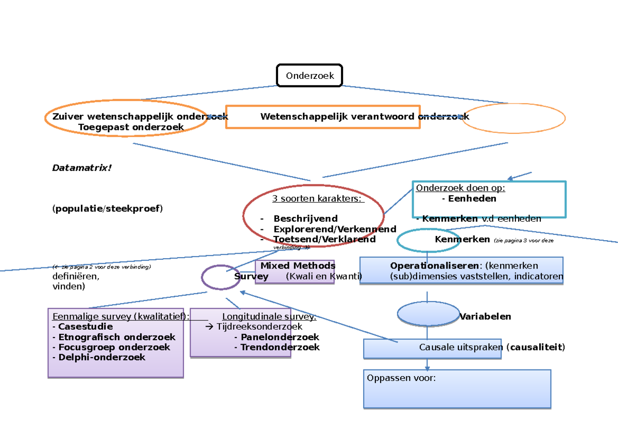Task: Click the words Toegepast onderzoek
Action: tap(131, 127)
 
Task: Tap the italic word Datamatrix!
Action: tap(82, 168)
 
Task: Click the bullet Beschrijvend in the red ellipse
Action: tap(305, 218)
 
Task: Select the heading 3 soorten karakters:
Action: tap(317, 199)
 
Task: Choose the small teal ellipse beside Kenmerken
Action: tap(428, 240)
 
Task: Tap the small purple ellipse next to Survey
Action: tap(220, 277)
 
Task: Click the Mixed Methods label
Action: tap(298, 266)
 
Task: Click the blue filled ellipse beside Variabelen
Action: tap(427, 313)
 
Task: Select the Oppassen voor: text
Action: tap(401, 378)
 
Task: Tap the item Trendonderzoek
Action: tap(280, 347)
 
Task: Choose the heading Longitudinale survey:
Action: tap(269, 316)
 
